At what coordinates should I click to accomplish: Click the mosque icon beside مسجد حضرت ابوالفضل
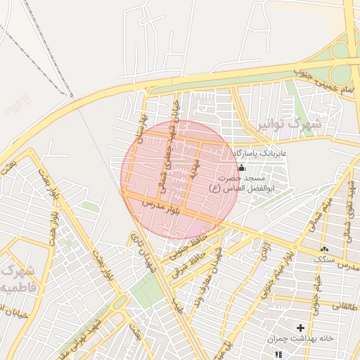pos(242,167)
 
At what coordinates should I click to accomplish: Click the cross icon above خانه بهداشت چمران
pos(301,328)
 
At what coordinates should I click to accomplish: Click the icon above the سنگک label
pos(324,250)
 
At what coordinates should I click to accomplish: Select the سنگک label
pos(324,259)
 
